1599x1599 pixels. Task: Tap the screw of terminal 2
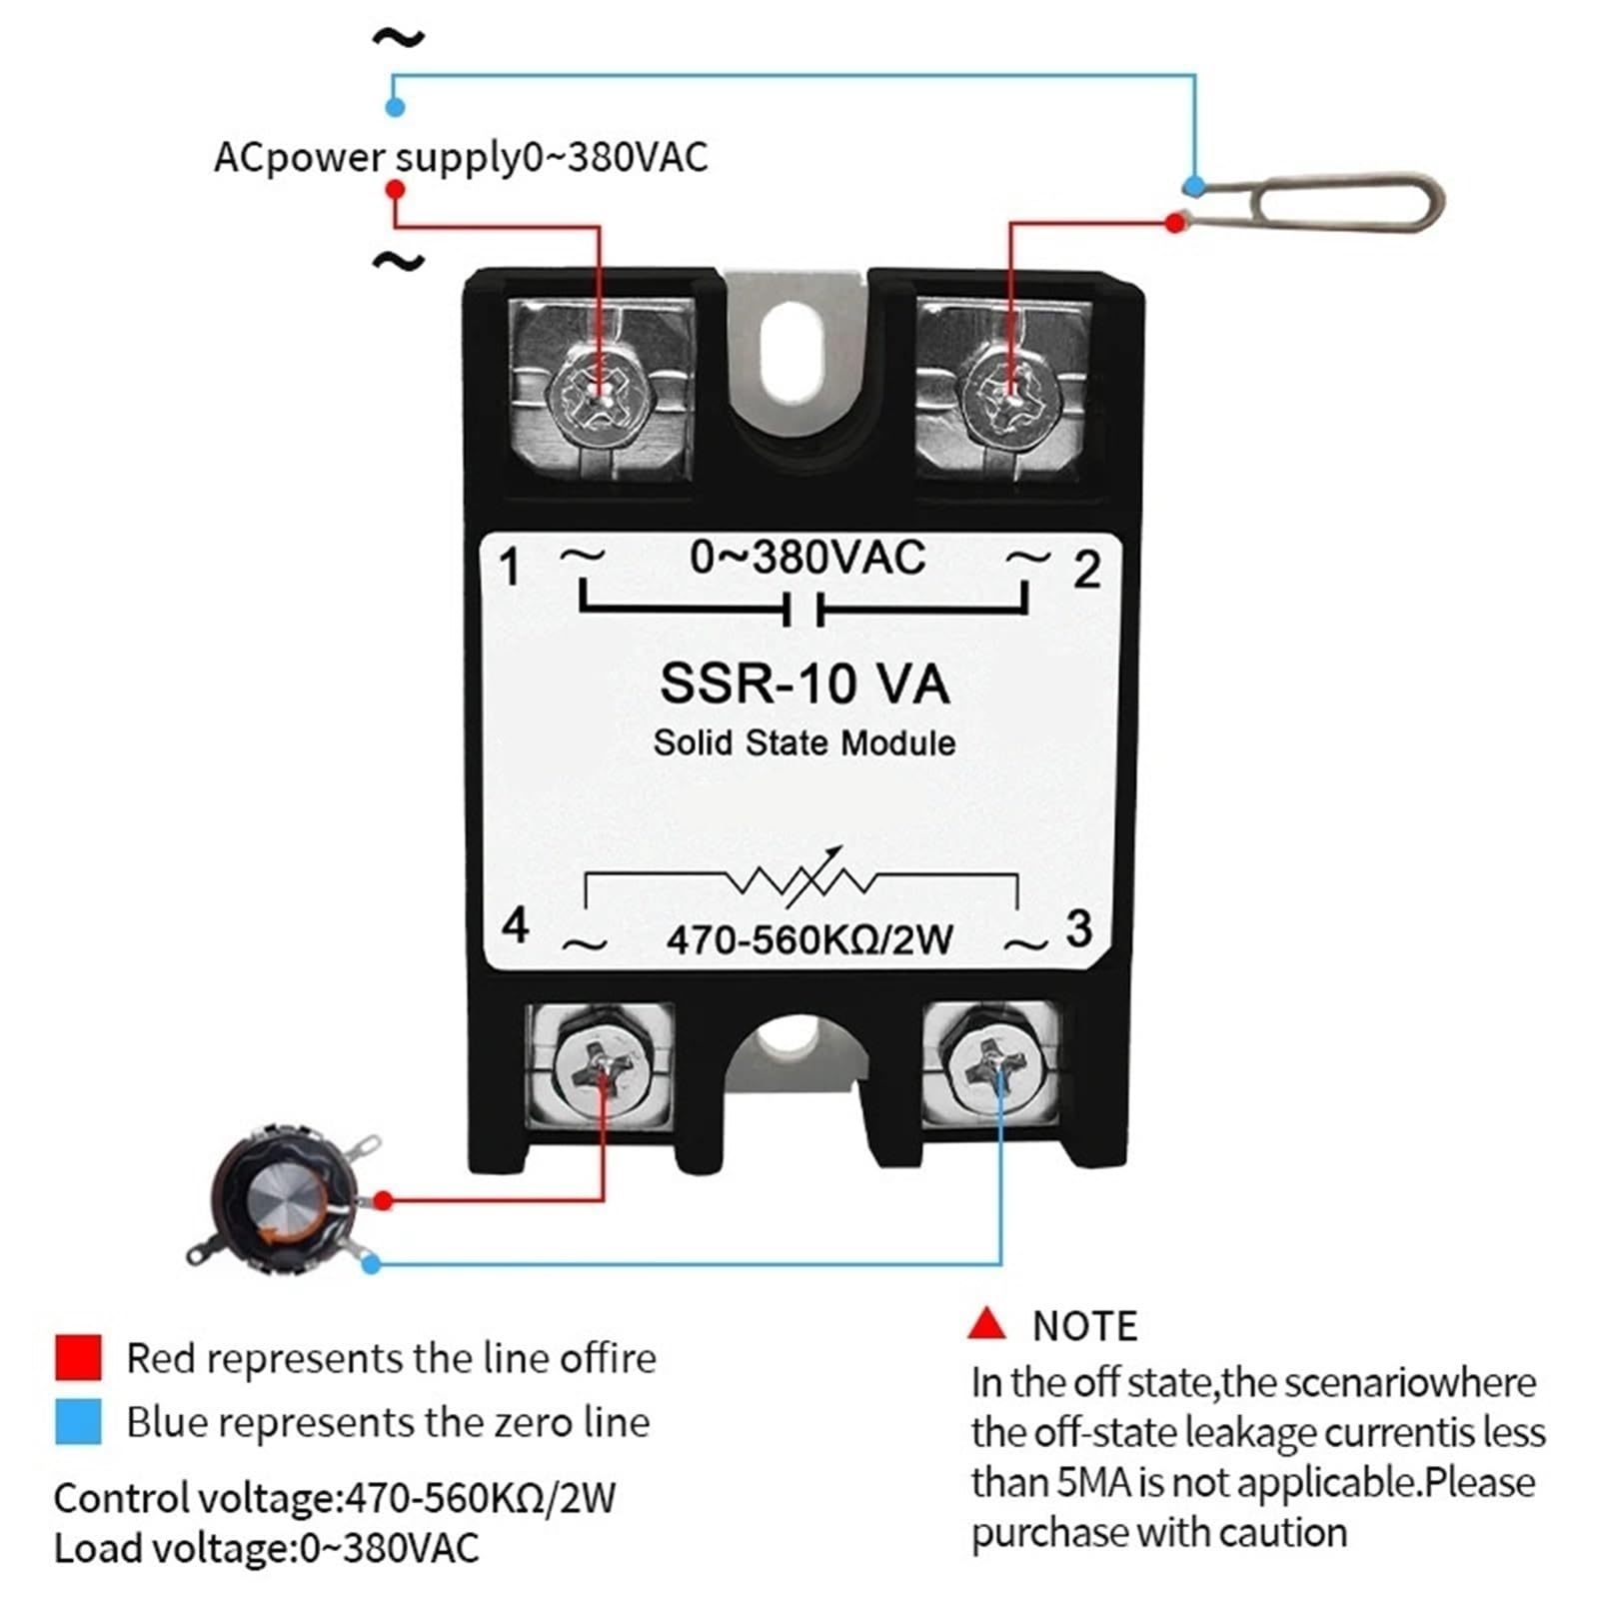1009,392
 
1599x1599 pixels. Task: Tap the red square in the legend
78,1357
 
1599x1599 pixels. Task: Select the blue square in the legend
78,1421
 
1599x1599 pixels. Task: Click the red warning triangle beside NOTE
986,1324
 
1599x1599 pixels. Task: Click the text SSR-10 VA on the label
804,685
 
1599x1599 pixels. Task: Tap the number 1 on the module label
511,568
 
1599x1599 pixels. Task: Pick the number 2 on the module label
1087,571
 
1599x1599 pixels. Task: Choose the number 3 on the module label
1078,928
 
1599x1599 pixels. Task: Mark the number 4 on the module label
515,925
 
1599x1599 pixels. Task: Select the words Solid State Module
804,743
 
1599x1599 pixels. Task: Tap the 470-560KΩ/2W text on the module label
809,939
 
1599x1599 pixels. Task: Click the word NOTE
1085,1326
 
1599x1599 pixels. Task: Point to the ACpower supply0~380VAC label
461,157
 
